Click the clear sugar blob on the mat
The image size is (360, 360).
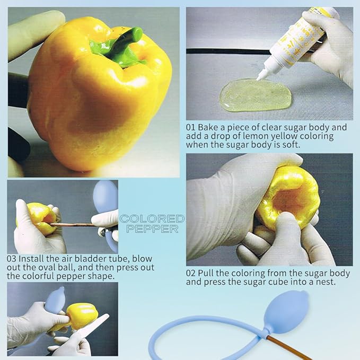click(257, 95)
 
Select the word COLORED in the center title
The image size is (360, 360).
click(152, 219)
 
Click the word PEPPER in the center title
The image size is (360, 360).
click(152, 229)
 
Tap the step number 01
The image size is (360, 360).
click(191, 127)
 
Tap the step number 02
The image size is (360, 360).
click(191, 273)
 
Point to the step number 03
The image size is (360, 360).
click(12, 259)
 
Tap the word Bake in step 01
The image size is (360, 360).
click(208, 127)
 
